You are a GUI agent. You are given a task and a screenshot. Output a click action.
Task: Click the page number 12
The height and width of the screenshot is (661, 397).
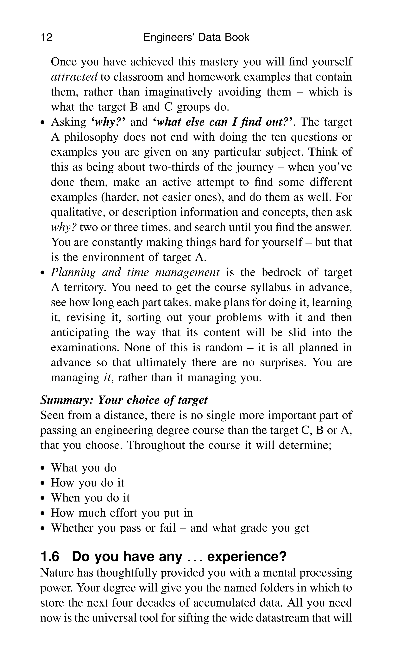pos(47,37)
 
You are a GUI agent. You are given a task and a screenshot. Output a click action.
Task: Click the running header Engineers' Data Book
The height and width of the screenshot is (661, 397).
pos(196,37)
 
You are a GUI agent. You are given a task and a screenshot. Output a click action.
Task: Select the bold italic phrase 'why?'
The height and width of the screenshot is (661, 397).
pos(108,122)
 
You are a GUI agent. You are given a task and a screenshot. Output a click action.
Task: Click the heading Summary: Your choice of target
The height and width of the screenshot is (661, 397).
pos(124,400)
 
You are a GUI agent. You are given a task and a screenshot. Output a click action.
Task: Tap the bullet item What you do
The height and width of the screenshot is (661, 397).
pos(84,468)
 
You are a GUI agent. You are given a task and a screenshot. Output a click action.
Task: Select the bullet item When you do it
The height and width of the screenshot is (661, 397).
pos(90,498)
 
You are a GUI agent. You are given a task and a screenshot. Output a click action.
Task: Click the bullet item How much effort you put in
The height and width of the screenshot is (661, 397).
pos(122,513)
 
